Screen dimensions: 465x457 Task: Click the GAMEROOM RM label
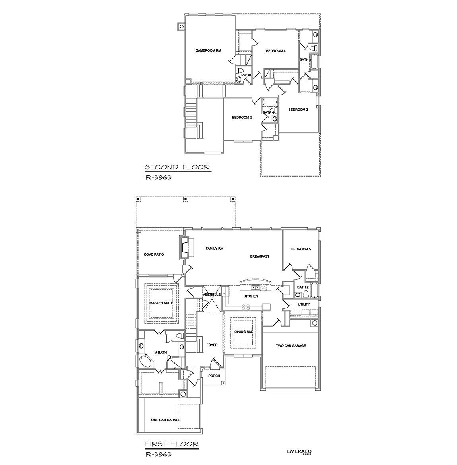click(208, 51)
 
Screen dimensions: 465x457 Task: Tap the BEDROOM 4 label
click(275, 51)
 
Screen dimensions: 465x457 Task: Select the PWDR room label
click(246, 75)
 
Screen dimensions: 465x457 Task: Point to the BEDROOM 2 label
click(242, 118)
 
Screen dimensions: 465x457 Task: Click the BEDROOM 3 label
click(298, 110)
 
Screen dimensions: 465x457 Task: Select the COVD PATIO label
click(154, 254)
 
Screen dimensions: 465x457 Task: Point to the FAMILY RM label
click(214, 248)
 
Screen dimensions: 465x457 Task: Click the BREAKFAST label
click(259, 256)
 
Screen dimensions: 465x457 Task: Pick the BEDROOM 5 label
click(301, 249)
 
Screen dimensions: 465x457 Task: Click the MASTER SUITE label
click(161, 303)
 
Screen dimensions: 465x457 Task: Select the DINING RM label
click(243, 332)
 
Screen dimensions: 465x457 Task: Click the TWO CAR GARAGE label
click(291, 346)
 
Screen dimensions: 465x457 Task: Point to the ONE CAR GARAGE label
click(166, 420)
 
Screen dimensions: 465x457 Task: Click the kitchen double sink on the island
click(256, 287)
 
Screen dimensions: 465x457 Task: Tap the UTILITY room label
click(304, 304)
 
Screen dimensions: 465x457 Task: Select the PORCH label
click(214, 376)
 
